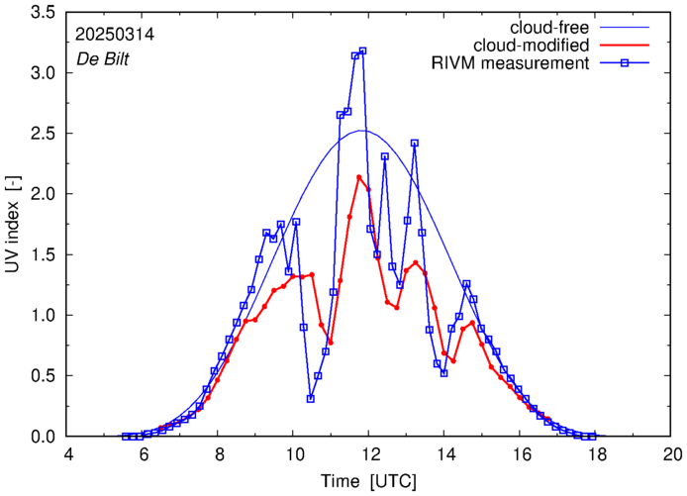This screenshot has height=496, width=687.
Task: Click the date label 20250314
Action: point(114,34)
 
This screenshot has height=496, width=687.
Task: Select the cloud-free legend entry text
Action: point(551,28)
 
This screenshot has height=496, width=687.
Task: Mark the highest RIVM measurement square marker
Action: point(362,50)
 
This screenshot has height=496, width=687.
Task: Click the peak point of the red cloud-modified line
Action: point(358,177)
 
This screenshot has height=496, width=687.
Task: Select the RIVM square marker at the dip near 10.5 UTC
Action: point(311,399)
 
